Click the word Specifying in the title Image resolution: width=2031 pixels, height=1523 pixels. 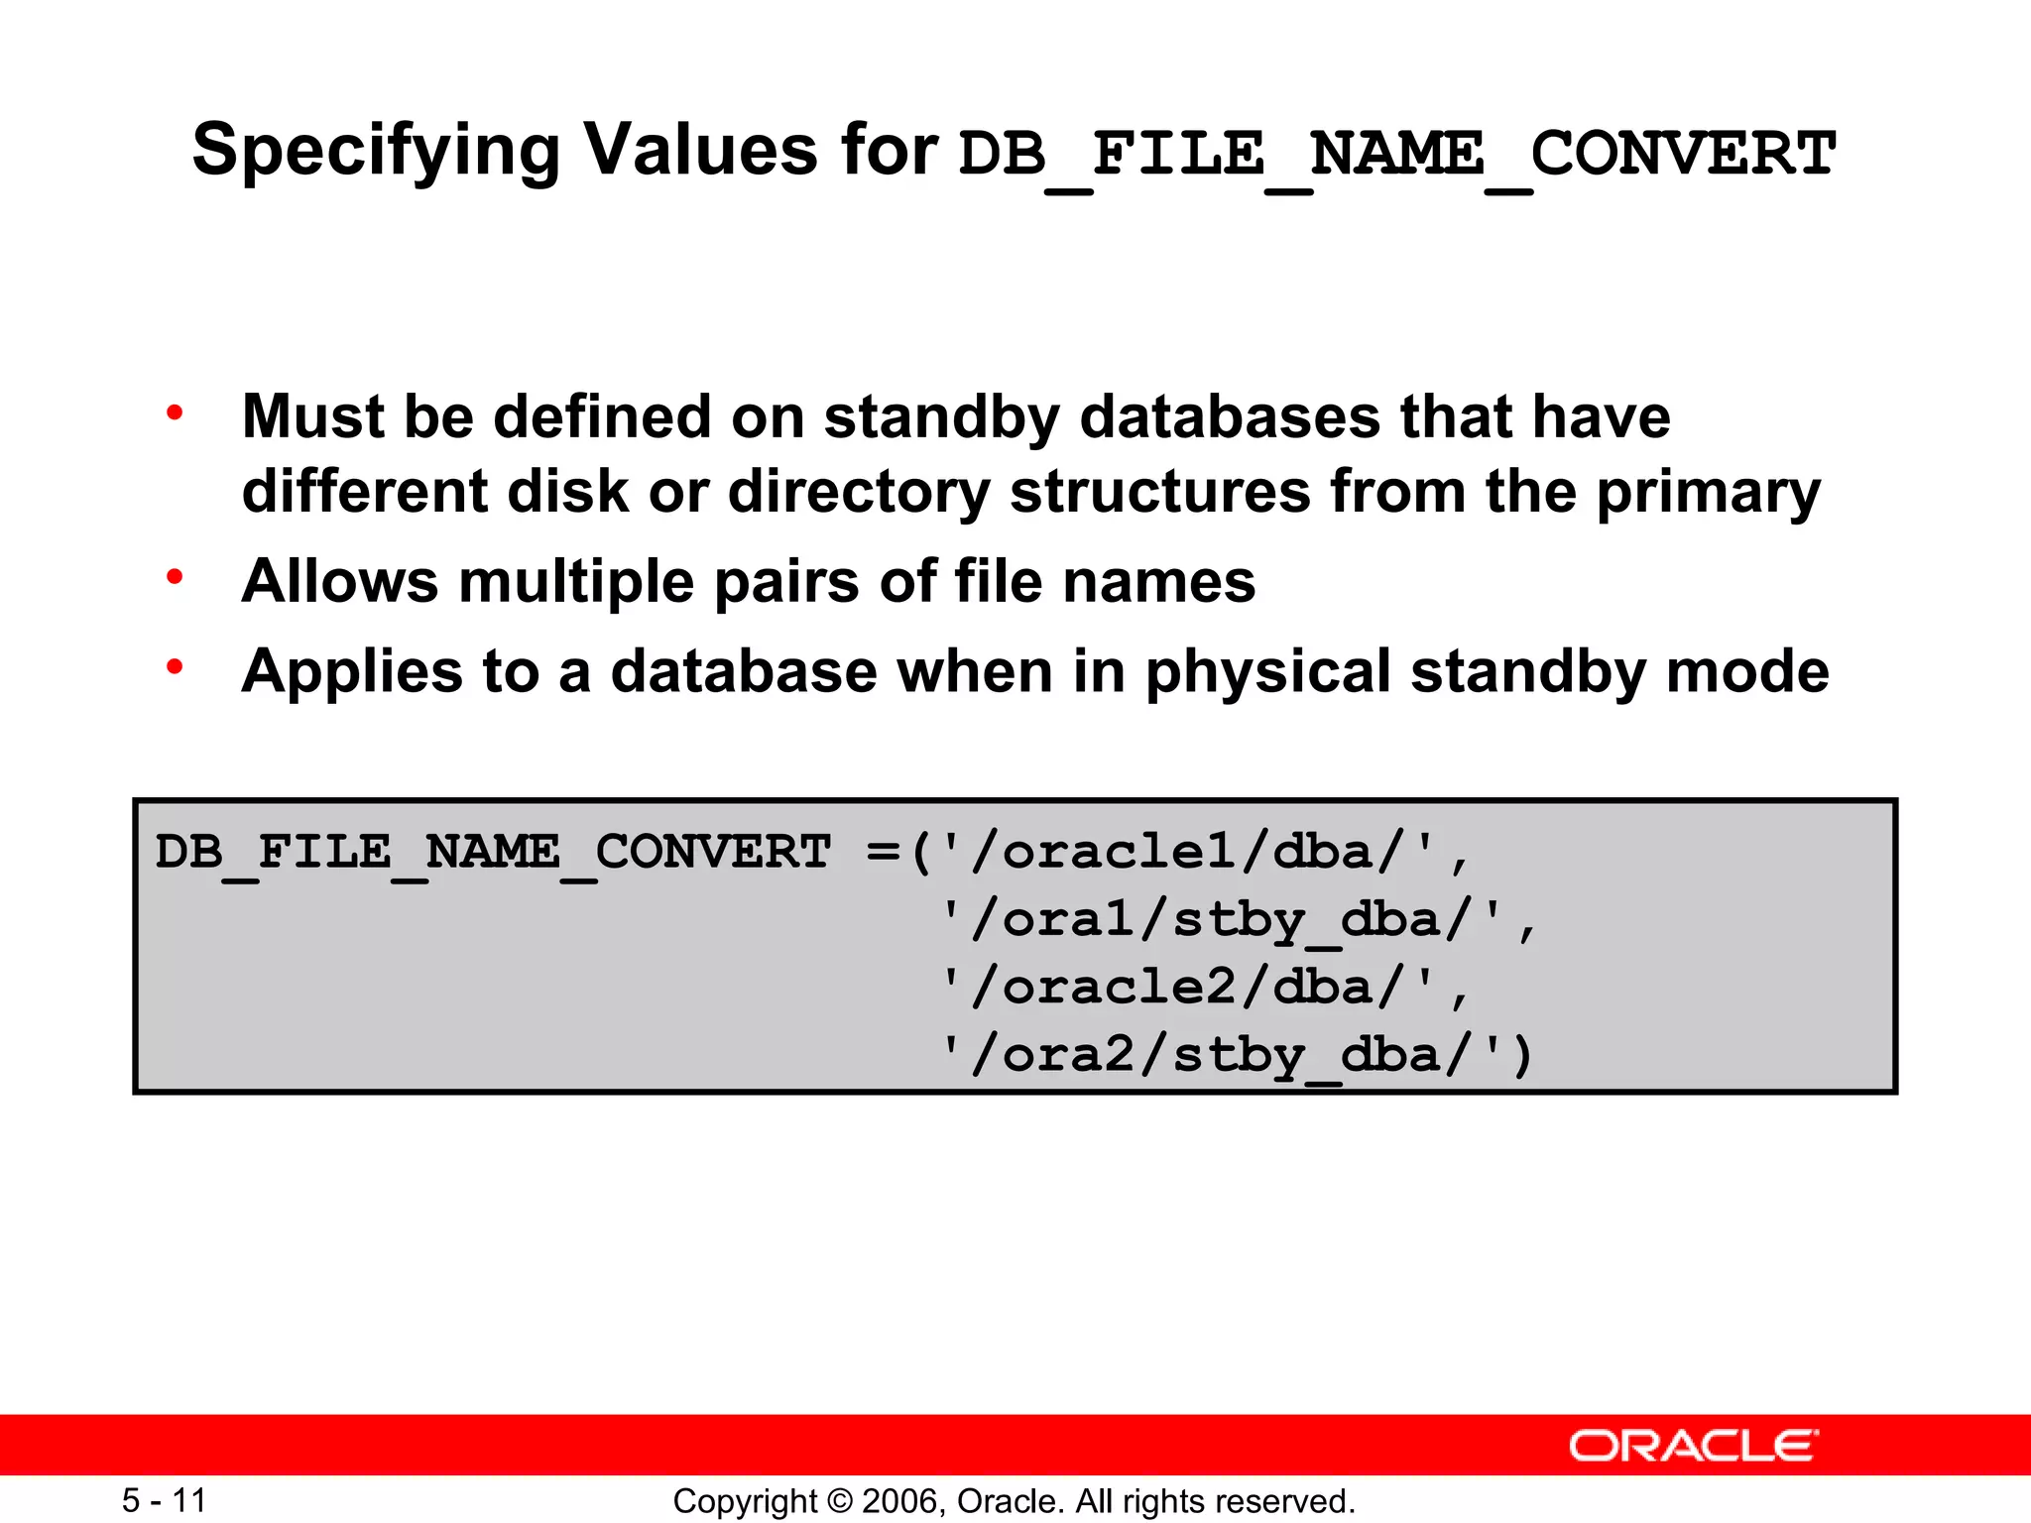(376, 151)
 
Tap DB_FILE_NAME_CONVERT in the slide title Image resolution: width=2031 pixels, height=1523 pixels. (1396, 155)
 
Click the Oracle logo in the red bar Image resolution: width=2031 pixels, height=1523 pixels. (1694, 1446)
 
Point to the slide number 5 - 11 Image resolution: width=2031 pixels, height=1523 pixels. (164, 1500)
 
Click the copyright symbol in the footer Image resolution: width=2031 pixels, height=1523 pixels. (839, 1501)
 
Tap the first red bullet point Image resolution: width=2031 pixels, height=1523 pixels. (176, 412)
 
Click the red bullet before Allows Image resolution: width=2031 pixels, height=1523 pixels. (176, 577)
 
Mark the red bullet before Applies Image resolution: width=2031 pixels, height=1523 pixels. (176, 667)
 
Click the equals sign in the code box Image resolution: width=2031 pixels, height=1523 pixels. (882, 852)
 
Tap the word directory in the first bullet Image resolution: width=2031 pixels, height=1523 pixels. (859, 493)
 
